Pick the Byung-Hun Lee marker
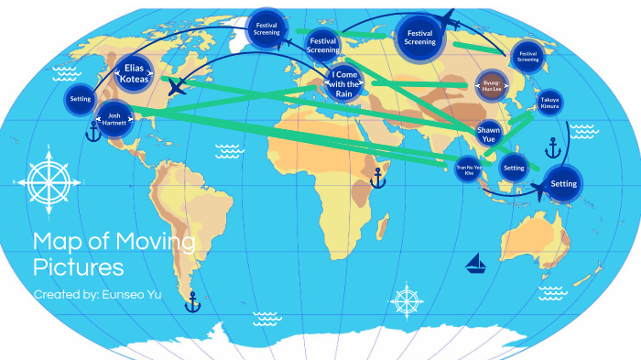click(493, 85)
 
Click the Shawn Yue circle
click(488, 134)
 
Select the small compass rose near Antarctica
click(407, 300)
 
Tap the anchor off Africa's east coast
click(377, 178)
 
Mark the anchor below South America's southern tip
click(192, 302)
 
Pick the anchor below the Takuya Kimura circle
click(551, 147)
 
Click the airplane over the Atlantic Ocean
click(178, 88)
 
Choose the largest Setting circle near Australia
click(564, 183)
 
